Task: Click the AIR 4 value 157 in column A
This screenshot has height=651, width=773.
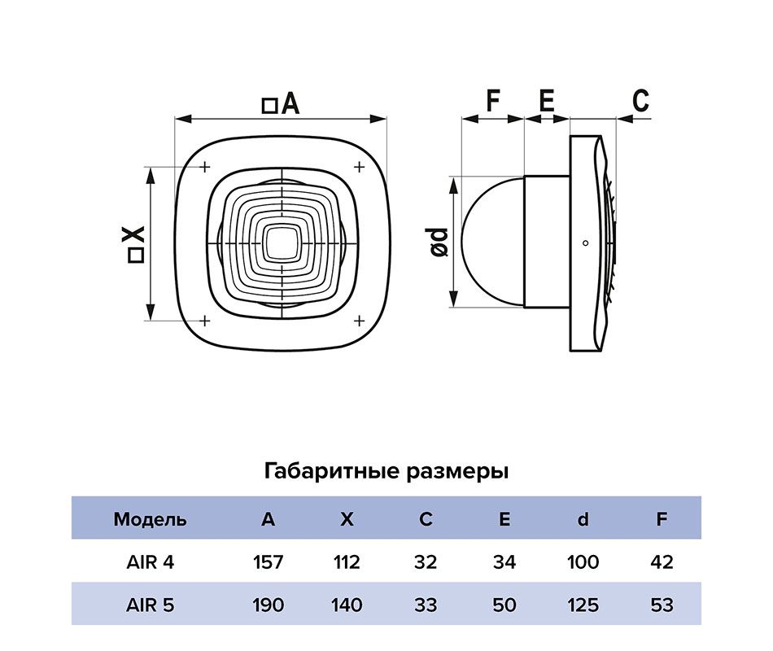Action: pos(269,561)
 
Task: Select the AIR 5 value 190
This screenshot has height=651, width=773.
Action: pos(269,605)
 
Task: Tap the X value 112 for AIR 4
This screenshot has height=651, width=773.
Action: pos(347,561)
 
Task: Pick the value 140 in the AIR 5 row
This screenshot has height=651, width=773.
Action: pos(347,605)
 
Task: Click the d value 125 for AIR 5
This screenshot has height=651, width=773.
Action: pos(583,605)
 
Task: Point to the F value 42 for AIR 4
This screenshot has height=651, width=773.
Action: pos(662,561)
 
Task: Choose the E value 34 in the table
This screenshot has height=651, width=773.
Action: pos(504,561)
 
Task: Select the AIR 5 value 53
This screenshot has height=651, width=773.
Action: pos(662,605)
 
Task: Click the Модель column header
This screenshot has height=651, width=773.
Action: pos(150,518)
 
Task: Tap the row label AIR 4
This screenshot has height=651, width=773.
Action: pos(150,561)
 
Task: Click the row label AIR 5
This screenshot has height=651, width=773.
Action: pos(150,605)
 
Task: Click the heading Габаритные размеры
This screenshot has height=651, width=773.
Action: pos(386,471)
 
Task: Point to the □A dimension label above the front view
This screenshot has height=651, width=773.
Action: pos(281,104)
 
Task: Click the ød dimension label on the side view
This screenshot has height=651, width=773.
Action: pos(439,242)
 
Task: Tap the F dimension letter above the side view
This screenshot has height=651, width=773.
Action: pos(492,101)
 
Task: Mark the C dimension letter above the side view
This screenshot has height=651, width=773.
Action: pos(640,101)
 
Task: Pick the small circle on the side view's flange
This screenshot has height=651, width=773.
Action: pos(585,242)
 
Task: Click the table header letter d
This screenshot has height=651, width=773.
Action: pos(583,518)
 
